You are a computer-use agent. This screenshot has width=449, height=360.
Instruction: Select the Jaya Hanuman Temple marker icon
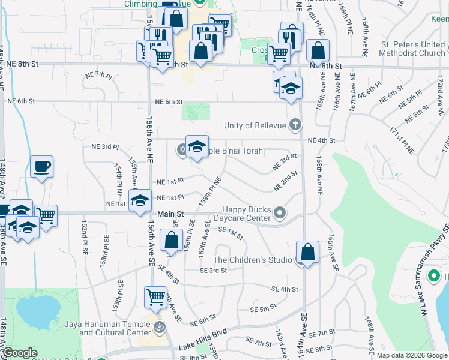(160, 328)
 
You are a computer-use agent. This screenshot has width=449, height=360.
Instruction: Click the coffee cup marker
(41, 167)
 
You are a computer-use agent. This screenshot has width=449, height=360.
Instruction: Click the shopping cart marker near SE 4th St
(156, 297)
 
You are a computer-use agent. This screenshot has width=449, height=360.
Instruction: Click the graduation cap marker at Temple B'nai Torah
(197, 146)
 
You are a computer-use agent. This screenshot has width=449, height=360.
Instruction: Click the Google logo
(20, 353)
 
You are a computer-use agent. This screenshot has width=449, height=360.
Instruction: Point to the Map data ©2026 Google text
(412, 355)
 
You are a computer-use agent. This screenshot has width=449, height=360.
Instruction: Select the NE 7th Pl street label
(98, 76)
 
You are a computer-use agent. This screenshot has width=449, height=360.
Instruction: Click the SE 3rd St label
(214, 271)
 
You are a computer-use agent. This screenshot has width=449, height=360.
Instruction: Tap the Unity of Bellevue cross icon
(294, 125)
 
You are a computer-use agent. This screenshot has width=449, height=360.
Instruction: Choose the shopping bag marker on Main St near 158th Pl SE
(172, 241)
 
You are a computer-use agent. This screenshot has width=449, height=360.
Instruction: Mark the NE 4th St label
(321, 140)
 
